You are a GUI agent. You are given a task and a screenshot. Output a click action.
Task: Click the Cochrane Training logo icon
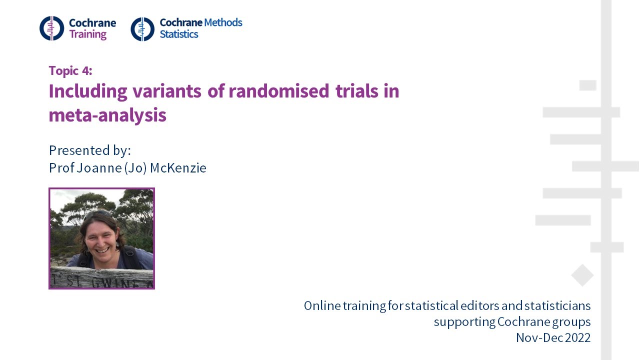[x=52, y=28]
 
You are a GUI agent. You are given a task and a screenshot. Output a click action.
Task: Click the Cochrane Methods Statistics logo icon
[x=142, y=28]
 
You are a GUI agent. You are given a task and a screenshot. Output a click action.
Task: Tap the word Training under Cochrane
[x=87, y=35]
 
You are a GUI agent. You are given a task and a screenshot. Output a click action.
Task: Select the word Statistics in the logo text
[x=179, y=34]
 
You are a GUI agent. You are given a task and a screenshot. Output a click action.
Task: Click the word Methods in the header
[x=223, y=22]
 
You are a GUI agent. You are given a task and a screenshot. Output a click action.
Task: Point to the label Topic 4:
[x=70, y=70]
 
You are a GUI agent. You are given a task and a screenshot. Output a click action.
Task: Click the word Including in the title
[x=88, y=91]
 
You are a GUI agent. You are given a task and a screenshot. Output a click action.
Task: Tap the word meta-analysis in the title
[x=107, y=115]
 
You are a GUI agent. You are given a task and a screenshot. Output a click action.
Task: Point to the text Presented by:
[x=89, y=150]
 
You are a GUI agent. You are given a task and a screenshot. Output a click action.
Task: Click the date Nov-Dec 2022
[x=553, y=337]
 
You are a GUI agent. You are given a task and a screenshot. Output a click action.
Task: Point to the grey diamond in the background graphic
[x=582, y=275]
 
